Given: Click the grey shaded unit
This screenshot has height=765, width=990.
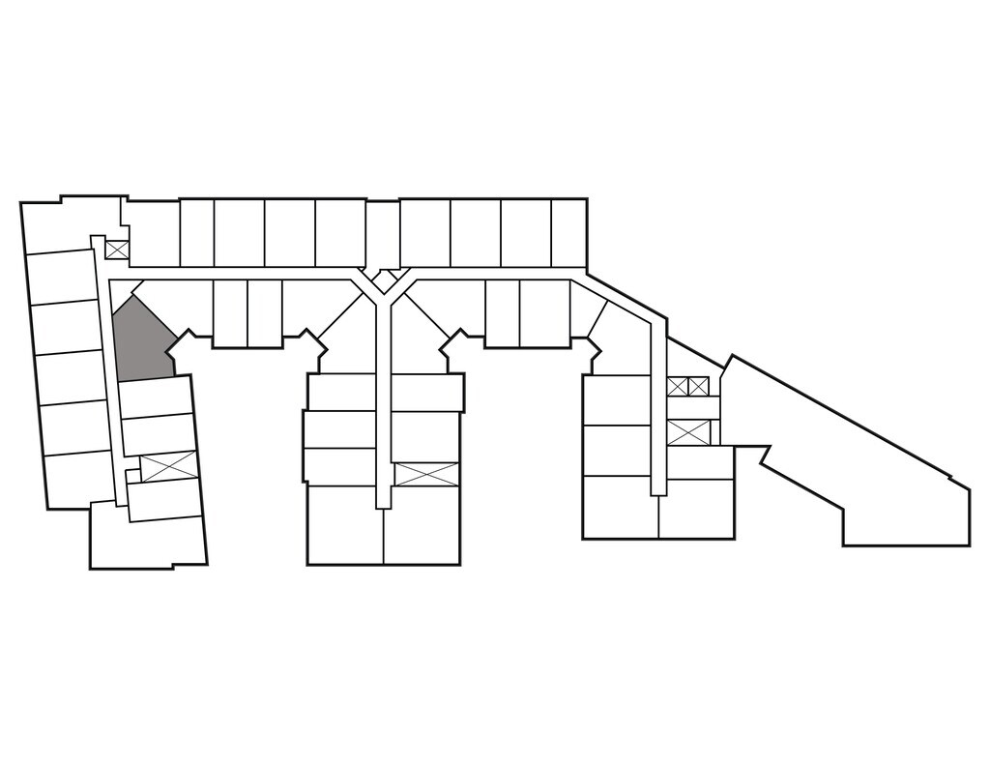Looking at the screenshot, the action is coord(140,340).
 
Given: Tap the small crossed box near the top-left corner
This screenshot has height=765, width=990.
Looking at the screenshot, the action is coord(117,250).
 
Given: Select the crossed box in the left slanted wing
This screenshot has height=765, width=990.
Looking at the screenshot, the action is coord(168,466).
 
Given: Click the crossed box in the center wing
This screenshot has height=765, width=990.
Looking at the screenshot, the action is coord(425,474).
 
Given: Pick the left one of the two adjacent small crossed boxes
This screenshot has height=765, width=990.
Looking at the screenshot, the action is coord(677,387).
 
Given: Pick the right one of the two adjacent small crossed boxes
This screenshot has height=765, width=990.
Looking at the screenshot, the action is coord(698,387).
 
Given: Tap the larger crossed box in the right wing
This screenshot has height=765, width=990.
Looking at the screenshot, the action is coord(688,432).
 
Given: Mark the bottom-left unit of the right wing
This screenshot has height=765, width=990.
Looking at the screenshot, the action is coord(620,508).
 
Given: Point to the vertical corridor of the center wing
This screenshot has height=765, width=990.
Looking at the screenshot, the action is coord(384,406).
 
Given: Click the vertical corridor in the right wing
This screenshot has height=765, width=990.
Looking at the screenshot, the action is coord(658,406).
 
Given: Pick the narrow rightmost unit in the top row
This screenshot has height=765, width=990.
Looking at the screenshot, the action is coord(568,232).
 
